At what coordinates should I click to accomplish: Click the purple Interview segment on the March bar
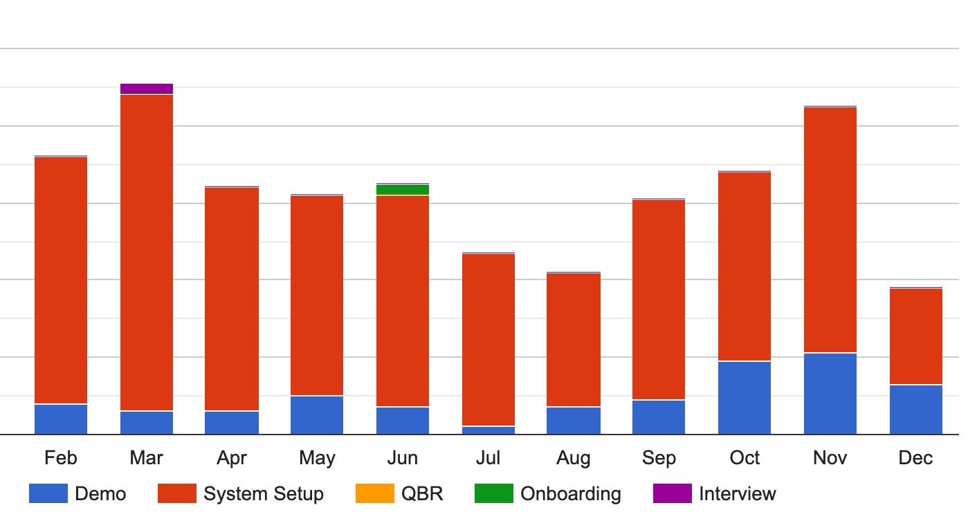click(x=146, y=89)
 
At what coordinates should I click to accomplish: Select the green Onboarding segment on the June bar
click(x=403, y=190)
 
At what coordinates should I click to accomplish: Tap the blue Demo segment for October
click(x=745, y=398)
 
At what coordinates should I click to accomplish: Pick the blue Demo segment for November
click(x=830, y=394)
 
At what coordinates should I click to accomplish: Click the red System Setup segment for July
click(x=488, y=340)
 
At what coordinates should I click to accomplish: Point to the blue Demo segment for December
click(x=916, y=410)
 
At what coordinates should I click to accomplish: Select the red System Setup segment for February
click(x=61, y=280)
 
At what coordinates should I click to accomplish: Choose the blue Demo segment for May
click(x=317, y=415)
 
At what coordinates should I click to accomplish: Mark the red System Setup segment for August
click(x=574, y=340)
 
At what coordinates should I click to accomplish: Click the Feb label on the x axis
click(x=61, y=458)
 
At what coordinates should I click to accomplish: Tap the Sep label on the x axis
click(x=659, y=458)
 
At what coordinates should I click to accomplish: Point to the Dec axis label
click(x=916, y=458)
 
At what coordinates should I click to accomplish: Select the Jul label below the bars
click(x=488, y=458)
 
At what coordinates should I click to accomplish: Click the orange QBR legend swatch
click(x=374, y=493)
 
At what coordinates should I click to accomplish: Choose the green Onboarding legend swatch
click(x=494, y=493)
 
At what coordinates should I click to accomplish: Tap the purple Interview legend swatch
click(x=673, y=493)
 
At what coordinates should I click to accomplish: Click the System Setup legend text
click(x=264, y=494)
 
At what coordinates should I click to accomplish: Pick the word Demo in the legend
click(x=100, y=494)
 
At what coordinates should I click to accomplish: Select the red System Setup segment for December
click(x=916, y=336)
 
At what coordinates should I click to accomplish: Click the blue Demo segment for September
click(x=659, y=417)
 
